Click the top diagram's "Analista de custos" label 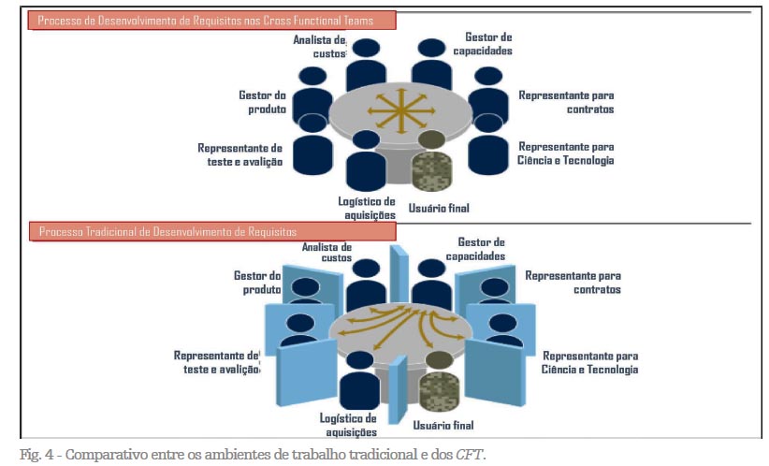[319, 47]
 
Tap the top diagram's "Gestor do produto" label [261, 102]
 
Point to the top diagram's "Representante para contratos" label [566, 102]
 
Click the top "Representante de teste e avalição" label [239, 154]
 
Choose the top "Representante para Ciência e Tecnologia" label [566, 153]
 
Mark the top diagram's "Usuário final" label [439, 207]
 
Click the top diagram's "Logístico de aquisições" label [367, 208]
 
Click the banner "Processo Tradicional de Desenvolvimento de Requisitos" [169, 231]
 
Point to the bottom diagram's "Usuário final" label [443, 426]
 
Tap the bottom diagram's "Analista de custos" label [326, 252]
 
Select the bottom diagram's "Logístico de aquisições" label [348, 425]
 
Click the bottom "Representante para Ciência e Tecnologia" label [590, 363]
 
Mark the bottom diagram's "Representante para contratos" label [573, 283]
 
